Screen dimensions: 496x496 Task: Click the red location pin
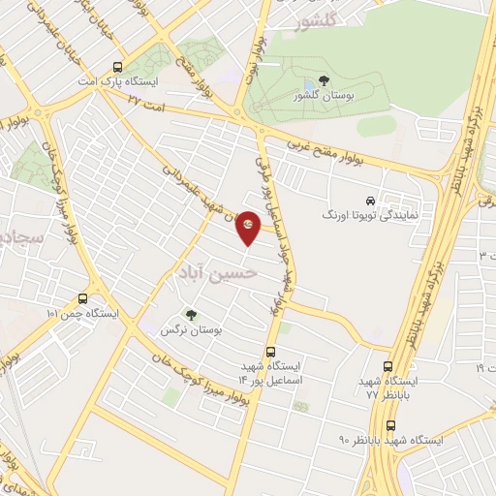249,227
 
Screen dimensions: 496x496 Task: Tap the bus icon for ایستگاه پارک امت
117,68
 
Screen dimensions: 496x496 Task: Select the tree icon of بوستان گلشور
323,82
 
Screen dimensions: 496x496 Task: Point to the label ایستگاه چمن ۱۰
82,314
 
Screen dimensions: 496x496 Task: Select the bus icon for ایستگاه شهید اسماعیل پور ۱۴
270,352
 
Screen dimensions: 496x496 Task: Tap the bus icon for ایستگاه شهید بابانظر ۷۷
387,367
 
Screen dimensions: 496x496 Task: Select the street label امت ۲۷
144,108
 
